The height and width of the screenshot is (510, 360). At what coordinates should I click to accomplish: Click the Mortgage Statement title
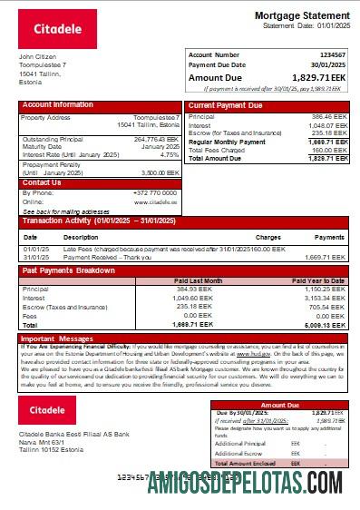[x=300, y=16]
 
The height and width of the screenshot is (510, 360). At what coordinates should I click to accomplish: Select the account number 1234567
[x=332, y=55]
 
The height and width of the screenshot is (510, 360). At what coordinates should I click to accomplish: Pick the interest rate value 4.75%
[x=170, y=154]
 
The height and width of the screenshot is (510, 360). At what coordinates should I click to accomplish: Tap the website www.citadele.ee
[x=161, y=201]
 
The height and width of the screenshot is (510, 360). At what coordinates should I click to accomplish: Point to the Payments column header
[x=329, y=237]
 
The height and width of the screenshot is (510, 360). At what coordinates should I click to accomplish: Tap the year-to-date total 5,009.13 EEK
[x=325, y=324]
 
